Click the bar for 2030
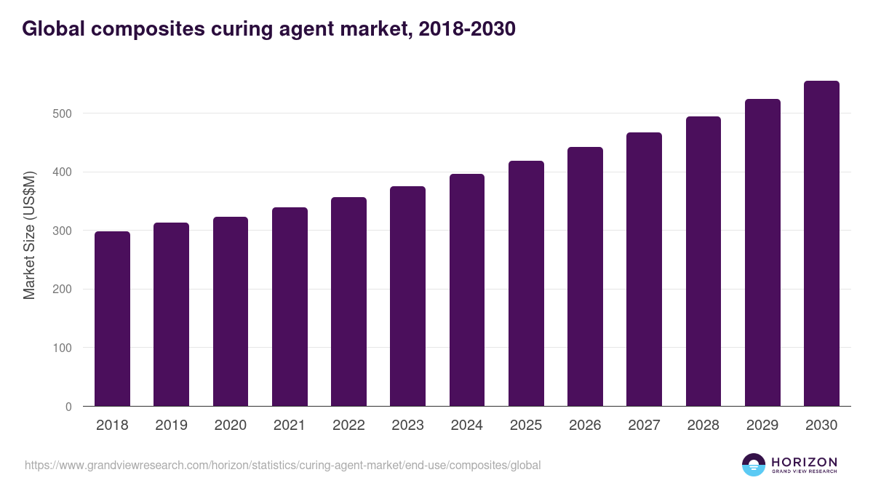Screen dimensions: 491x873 (821, 244)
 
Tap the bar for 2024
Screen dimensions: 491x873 (466, 290)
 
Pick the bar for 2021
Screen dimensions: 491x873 (290, 307)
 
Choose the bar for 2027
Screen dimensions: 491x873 (644, 269)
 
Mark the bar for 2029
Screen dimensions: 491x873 (762, 252)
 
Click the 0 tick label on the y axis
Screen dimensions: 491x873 (68, 407)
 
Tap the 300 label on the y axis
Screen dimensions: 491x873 (62, 231)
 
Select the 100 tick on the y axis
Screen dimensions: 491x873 (62, 348)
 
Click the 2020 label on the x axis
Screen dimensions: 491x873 (230, 426)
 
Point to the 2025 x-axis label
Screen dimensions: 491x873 (525, 426)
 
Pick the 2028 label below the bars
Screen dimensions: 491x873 (703, 426)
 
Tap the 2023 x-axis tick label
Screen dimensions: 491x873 (407, 426)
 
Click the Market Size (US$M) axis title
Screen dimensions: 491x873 (29, 234)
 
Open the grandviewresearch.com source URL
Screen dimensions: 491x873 (282, 465)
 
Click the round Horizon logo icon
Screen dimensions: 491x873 (754, 465)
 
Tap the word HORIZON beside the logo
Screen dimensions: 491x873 (804, 462)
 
